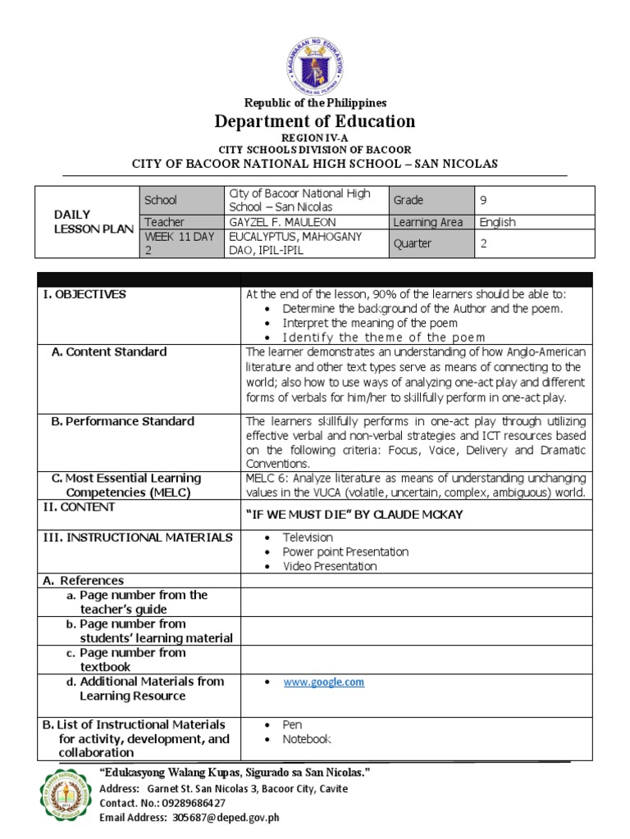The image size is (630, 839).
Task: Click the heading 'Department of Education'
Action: [315, 122]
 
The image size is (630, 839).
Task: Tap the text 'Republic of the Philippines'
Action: [315, 102]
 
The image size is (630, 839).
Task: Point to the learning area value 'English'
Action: [497, 222]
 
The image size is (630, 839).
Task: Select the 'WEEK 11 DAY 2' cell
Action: [179, 243]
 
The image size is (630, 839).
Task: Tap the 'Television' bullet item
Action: [308, 537]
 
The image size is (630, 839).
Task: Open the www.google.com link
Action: [323, 682]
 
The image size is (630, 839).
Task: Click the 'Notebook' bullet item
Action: [307, 739]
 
